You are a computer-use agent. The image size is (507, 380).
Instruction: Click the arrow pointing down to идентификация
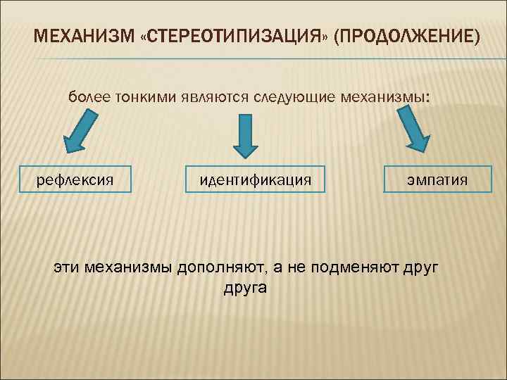click(246, 135)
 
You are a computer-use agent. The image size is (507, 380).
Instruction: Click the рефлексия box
click(75, 179)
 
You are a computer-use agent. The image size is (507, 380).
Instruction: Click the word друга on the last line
click(245, 288)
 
